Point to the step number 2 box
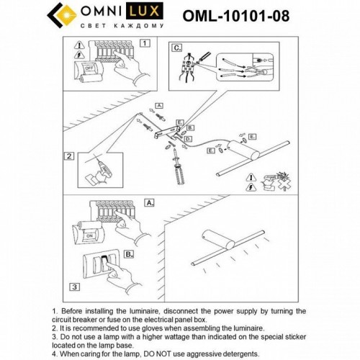(69, 156)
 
